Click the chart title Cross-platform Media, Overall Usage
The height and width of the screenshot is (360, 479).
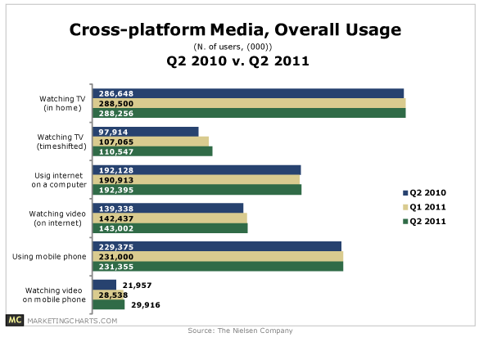(235, 30)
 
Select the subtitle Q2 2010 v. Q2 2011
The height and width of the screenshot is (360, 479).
(237, 61)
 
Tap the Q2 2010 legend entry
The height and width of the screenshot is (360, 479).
(424, 192)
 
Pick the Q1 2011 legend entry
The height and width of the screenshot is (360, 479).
(424, 207)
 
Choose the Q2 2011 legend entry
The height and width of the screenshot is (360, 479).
(424, 222)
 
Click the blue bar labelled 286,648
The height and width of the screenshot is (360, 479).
(248, 93)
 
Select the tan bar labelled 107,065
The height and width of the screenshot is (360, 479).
(151, 142)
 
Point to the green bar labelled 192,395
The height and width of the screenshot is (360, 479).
(197, 190)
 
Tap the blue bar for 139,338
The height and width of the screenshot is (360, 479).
(168, 209)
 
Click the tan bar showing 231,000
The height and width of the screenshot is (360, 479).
(218, 256)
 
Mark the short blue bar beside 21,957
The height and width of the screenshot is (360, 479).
(105, 285)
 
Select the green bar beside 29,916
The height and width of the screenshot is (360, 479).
(108, 304)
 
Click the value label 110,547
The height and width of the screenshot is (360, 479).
(116, 151)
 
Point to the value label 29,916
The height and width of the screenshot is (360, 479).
(146, 305)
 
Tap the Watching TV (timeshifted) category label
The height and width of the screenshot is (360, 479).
(61, 142)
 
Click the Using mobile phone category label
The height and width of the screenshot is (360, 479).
(49, 256)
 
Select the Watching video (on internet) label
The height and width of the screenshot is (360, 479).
(57, 218)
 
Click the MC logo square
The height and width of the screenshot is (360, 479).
(15, 320)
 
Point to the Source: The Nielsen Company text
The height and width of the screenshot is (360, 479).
(240, 331)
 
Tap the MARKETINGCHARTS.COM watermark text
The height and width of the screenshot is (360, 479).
(72, 321)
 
